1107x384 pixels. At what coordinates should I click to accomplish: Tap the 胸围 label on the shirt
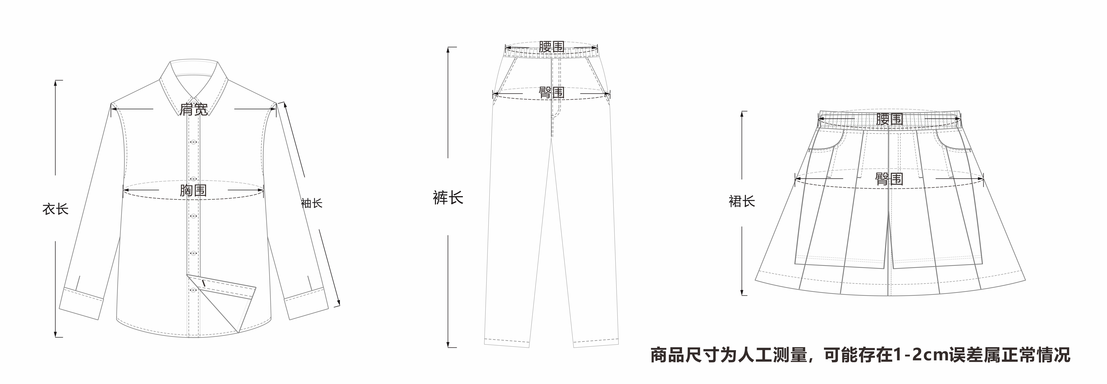click(x=193, y=190)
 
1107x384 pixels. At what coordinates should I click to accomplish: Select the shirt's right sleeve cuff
click(x=306, y=303)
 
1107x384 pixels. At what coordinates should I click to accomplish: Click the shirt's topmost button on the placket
click(x=193, y=142)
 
